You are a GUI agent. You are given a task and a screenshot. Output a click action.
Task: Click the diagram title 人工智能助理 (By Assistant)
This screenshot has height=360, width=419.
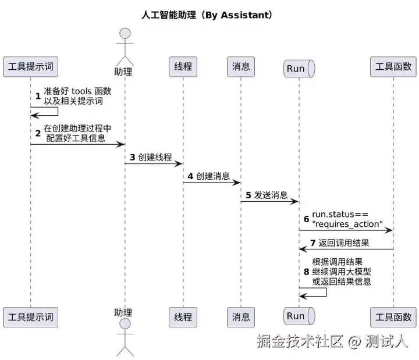click(x=207, y=15)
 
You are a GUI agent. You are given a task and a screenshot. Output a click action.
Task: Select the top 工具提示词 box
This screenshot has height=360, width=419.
click(x=31, y=67)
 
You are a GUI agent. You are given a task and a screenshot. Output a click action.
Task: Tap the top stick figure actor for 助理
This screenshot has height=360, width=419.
click(x=124, y=46)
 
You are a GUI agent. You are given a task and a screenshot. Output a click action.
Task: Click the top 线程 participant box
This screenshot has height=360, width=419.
click(x=183, y=67)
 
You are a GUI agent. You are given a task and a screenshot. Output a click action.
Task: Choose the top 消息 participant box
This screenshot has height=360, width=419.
click(x=241, y=67)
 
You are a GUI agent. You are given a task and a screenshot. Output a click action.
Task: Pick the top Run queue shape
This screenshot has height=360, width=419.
click(x=299, y=68)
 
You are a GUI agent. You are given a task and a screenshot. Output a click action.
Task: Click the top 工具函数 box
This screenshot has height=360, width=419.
click(x=393, y=67)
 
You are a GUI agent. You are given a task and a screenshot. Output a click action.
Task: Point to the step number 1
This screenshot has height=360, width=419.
click(x=38, y=95)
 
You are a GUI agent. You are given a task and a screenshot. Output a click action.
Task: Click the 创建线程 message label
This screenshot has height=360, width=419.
click(x=155, y=157)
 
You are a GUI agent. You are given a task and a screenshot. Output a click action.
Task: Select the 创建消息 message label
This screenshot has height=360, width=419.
click(x=212, y=176)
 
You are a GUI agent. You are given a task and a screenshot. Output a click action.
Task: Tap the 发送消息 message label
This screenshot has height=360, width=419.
click(x=271, y=195)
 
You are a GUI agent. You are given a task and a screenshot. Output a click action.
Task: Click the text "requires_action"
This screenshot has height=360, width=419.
click(x=347, y=224)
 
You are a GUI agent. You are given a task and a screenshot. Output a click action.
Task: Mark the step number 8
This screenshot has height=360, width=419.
click(x=306, y=272)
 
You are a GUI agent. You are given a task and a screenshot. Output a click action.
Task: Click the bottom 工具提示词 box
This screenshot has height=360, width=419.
click(x=31, y=317)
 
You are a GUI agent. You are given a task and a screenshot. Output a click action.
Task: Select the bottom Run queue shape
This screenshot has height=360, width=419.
click(x=299, y=316)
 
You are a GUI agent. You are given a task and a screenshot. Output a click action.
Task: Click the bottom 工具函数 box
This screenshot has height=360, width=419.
click(x=393, y=317)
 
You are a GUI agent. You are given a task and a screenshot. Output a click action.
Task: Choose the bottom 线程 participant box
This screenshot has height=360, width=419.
click(x=183, y=317)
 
